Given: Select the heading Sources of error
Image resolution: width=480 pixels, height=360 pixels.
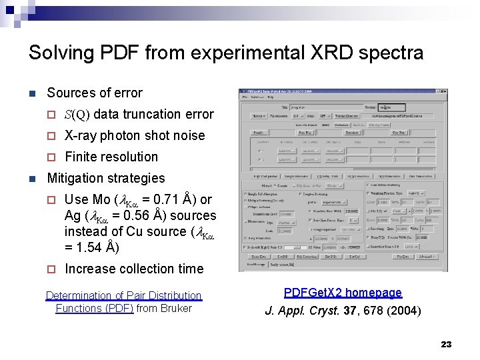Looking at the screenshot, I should [95, 93].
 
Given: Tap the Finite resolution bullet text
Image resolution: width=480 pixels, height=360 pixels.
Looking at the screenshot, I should [111, 157].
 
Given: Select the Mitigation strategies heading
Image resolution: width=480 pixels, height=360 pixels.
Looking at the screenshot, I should [106, 178].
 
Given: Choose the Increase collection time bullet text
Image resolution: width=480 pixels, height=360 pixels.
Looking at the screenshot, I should [134, 269].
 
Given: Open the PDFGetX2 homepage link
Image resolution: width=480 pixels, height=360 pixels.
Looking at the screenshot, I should [343, 293].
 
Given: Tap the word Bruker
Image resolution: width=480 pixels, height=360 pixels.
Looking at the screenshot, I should [175, 308].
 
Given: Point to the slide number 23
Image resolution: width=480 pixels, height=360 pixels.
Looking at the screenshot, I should [446, 344].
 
